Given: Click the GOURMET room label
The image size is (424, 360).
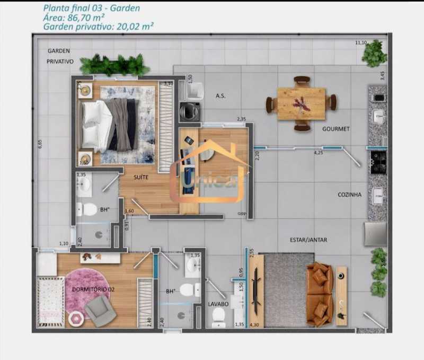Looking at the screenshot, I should click(335, 129).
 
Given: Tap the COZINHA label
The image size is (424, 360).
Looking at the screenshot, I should click(349, 195).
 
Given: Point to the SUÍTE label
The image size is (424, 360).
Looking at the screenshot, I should click(140, 177).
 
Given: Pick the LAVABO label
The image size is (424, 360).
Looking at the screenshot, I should click(218, 304).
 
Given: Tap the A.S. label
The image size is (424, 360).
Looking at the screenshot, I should click(221, 96).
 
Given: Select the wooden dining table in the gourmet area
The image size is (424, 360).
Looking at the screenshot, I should click(301, 103).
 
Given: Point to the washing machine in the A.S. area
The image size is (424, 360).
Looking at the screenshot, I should click(188, 112).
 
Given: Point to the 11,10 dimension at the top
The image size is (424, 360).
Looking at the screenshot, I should click(361, 42).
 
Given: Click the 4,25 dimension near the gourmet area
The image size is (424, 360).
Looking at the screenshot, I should click(318, 153).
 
